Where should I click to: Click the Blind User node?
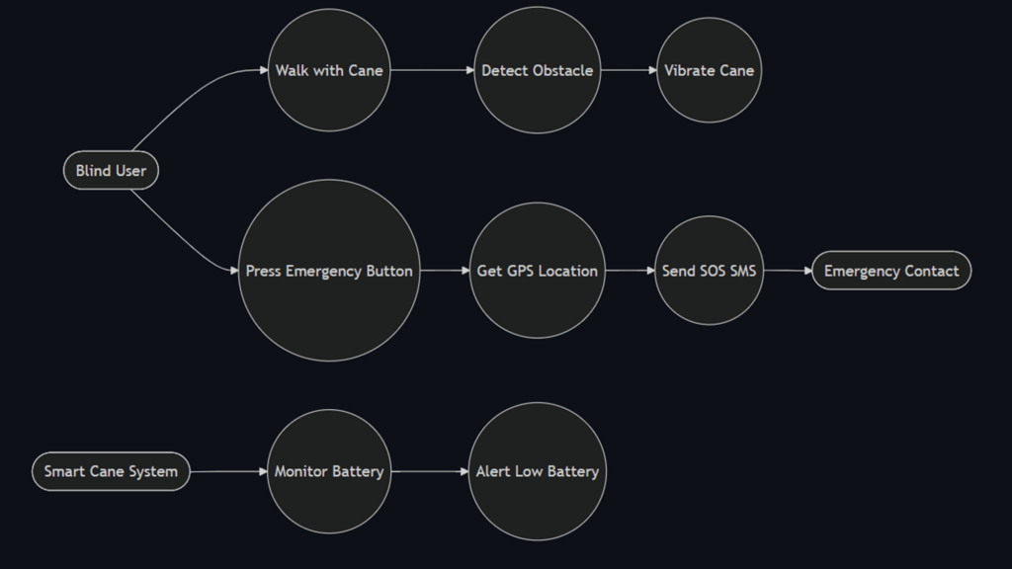point(111,171)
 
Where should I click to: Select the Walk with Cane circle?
point(329,70)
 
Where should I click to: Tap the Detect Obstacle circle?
point(537,70)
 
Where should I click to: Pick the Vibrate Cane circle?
point(709,70)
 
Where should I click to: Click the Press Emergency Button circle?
point(329,271)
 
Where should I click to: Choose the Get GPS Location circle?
point(537,271)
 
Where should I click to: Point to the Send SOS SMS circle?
point(709,271)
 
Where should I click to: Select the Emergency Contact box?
point(891,271)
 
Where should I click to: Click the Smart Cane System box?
point(111,471)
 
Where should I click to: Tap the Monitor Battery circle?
point(329,471)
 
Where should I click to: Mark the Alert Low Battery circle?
point(537,471)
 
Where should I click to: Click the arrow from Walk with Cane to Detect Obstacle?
point(432,70)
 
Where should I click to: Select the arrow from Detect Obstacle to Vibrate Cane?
point(629,70)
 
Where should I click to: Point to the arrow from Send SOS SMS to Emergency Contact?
point(788,271)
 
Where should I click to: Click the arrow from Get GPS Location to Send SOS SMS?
point(630,271)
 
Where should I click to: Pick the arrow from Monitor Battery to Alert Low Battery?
point(430,471)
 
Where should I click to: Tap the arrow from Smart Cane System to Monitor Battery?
point(229,471)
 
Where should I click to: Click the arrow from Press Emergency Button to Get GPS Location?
point(445,271)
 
